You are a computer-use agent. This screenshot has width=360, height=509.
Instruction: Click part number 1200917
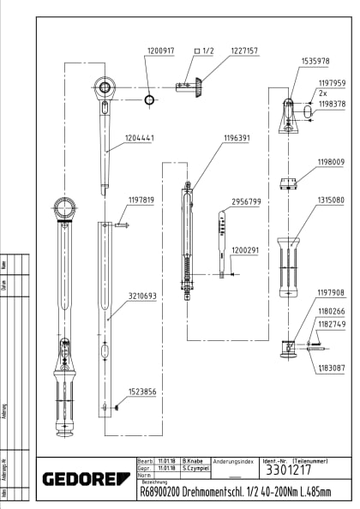[x=159, y=51]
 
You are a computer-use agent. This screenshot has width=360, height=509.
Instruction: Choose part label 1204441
[x=141, y=137]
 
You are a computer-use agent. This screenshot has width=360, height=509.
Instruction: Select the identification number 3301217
[x=283, y=470]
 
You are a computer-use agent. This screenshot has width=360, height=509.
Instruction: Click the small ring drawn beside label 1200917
[x=150, y=100]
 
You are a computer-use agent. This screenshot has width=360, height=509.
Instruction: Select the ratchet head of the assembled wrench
[x=66, y=208]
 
